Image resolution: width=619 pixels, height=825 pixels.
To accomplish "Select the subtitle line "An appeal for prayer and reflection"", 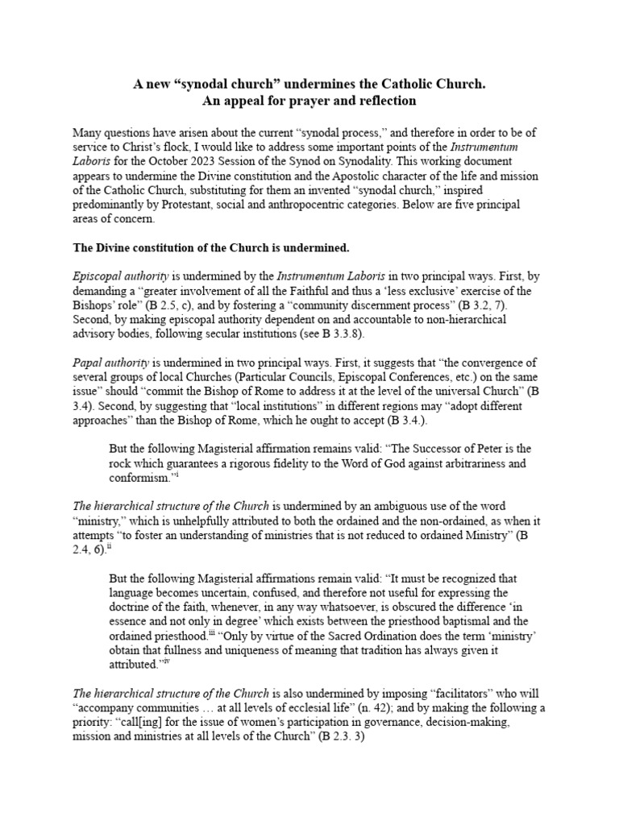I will (309, 101).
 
